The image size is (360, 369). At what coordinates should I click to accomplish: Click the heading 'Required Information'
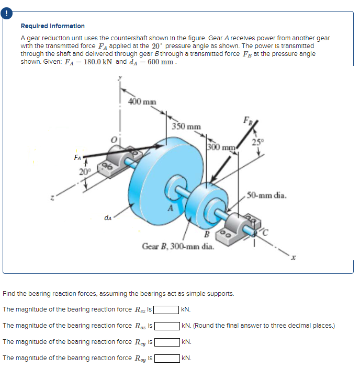(x=52, y=26)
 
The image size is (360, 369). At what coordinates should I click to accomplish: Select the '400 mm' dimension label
(x=142, y=101)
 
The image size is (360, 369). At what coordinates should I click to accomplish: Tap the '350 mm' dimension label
(x=186, y=126)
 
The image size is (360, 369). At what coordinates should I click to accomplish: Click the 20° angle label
(x=86, y=171)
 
